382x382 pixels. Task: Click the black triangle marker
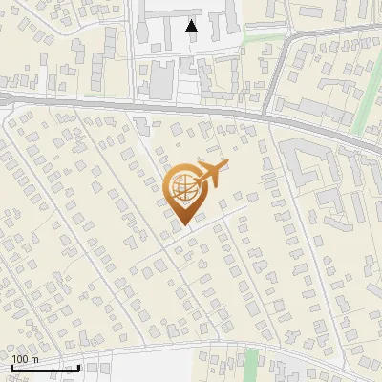(192, 26)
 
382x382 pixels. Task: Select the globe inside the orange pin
(182, 188)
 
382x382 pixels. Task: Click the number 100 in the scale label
(20, 359)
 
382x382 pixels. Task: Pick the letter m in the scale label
(34, 359)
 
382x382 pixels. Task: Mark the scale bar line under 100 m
(44, 368)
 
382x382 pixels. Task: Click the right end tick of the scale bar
(78, 366)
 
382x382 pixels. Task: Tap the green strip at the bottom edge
(251, 364)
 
